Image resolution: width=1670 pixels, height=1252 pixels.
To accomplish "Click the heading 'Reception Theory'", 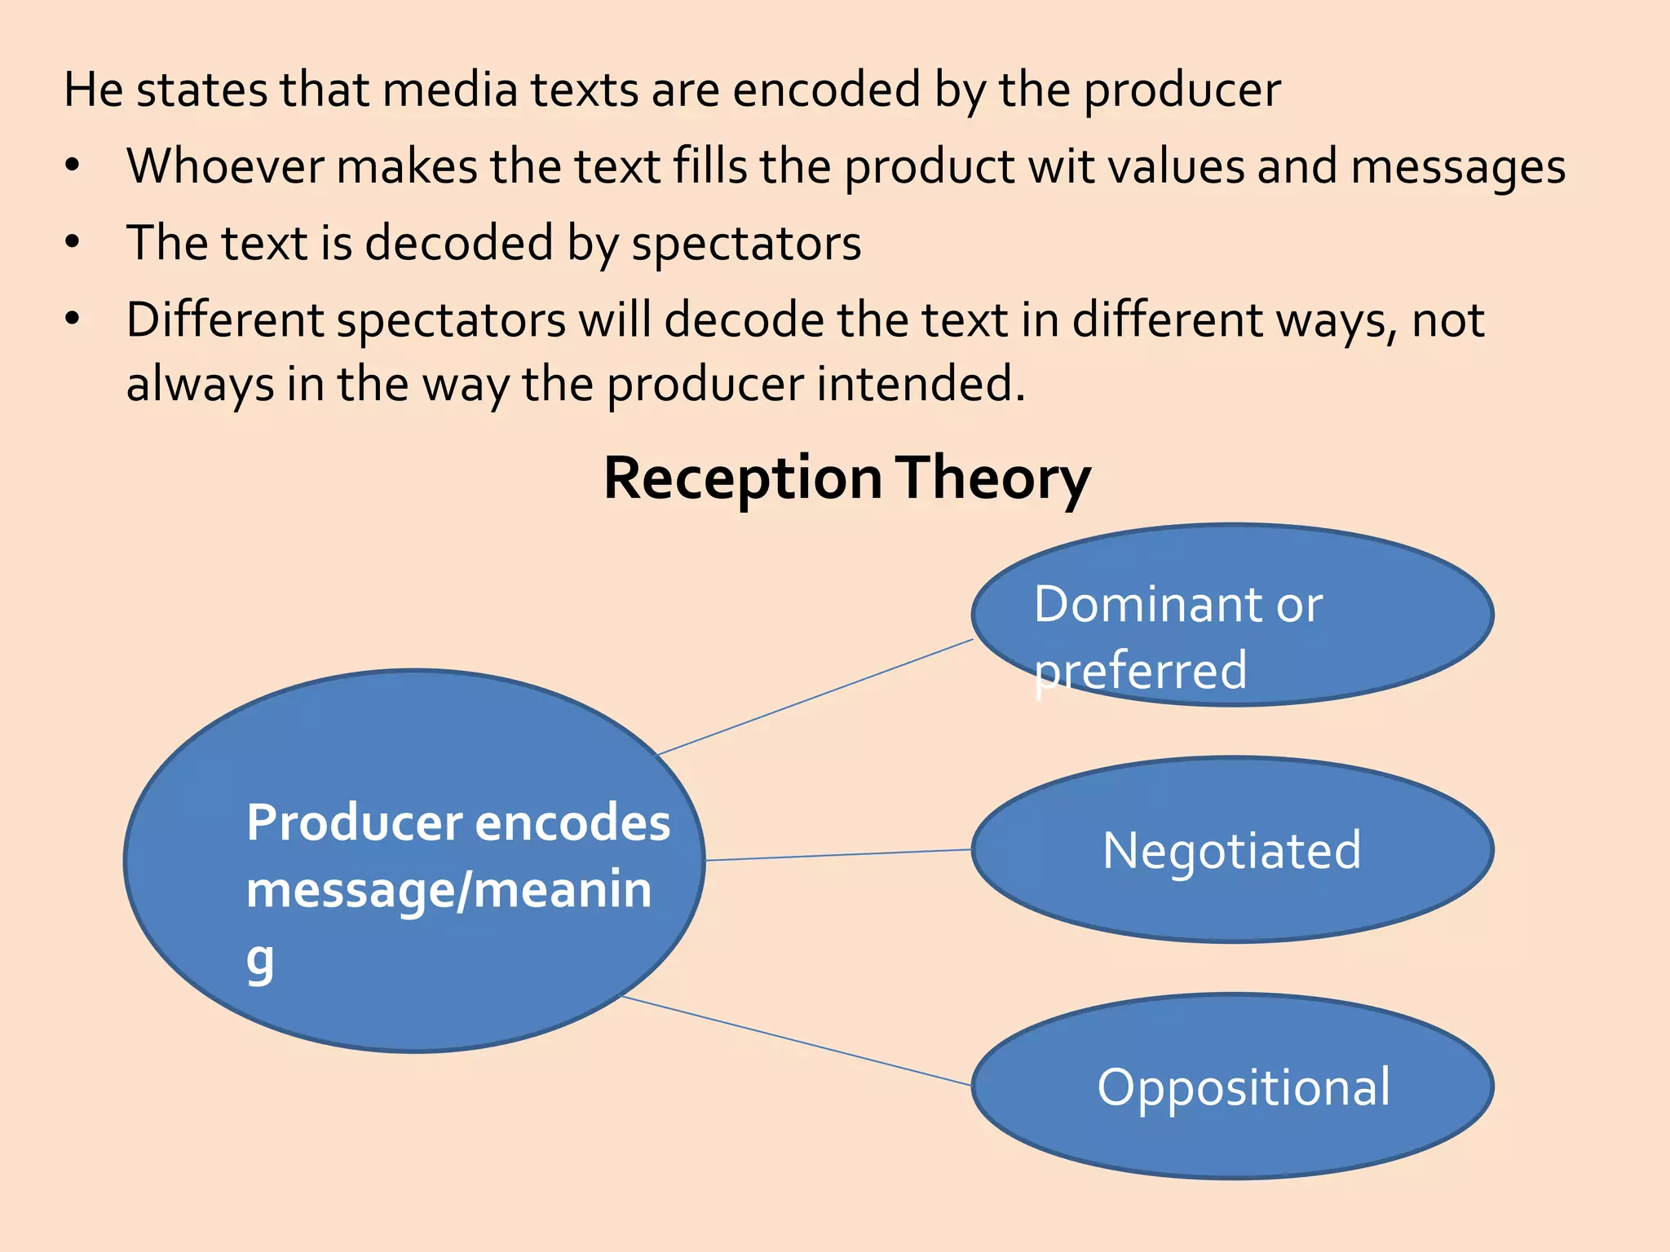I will (846, 478).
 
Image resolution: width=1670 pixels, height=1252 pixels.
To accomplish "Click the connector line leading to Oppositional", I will (797, 1041).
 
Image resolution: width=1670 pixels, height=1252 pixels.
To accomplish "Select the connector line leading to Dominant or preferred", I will (815, 697).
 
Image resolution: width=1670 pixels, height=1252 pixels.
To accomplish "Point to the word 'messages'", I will (1457, 168).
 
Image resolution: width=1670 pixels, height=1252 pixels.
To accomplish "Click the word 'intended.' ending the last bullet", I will (921, 384).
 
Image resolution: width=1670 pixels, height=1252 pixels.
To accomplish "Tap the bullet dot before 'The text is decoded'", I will (73, 242).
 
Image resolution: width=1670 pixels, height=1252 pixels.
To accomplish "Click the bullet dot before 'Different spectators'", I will (73, 319).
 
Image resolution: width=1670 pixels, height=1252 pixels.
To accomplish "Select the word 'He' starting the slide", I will (93, 90).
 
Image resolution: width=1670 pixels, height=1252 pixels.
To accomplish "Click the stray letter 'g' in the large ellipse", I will (260, 961).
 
